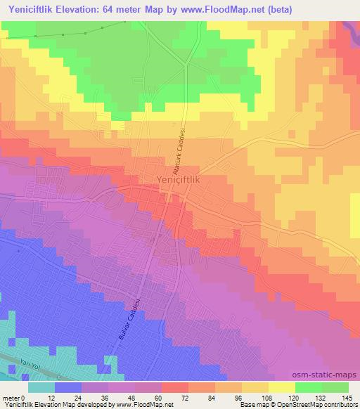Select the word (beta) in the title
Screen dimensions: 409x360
(275, 9)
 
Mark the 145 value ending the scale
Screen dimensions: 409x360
(348, 397)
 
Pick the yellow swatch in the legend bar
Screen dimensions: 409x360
(281, 387)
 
